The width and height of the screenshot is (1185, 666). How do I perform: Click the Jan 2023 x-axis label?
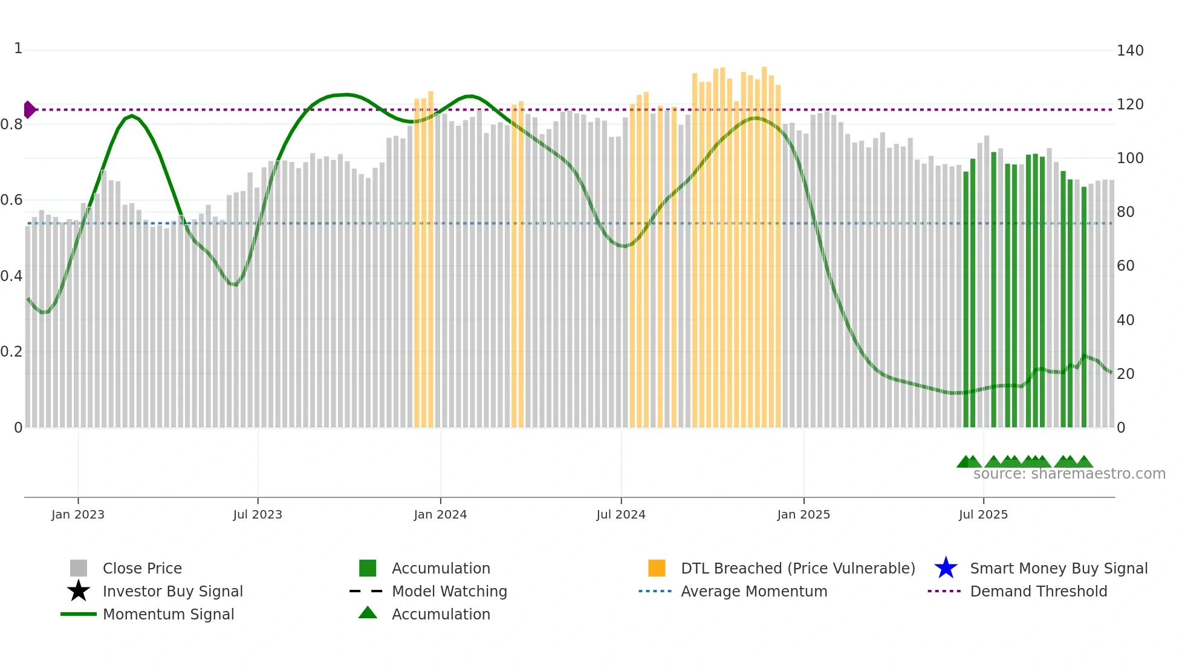point(77,514)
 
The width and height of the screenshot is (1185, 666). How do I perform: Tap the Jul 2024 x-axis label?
point(620,514)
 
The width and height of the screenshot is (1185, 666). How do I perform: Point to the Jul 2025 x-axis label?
point(983,514)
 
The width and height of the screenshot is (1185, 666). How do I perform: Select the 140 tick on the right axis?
point(1129,51)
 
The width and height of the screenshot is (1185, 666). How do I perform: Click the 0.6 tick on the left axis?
point(11,200)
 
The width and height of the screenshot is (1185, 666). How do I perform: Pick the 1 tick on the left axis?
point(18,48)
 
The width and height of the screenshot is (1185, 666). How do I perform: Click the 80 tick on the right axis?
point(1125,212)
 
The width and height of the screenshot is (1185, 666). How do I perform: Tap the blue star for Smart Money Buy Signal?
point(946,568)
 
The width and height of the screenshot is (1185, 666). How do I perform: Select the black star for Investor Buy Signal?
point(79,591)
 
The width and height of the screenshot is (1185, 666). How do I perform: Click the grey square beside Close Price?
point(79,568)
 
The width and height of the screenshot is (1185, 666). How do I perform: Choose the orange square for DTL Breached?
point(657,568)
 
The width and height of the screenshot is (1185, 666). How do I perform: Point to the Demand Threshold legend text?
point(1038,591)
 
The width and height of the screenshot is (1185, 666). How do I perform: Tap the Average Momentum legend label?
point(754,591)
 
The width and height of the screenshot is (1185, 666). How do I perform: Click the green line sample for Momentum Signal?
point(79,614)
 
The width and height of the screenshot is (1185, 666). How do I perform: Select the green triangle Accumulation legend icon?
point(368,613)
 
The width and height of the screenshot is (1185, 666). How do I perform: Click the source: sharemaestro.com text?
point(1069,474)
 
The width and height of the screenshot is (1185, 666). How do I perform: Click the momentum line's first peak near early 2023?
point(132,115)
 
